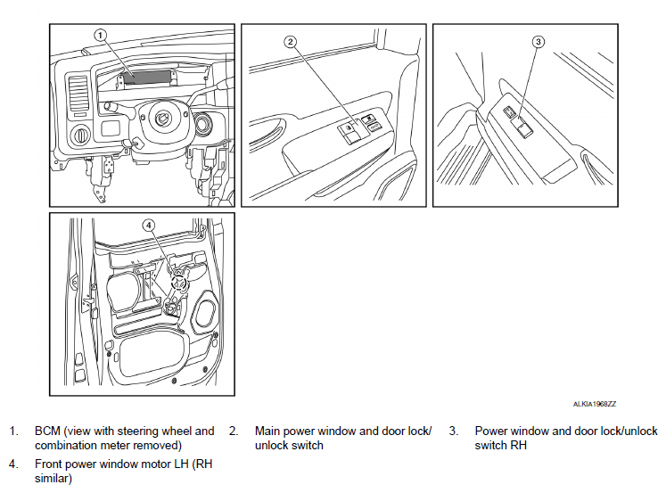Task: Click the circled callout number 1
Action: click(101, 35)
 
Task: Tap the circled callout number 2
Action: click(290, 41)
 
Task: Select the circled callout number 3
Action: click(538, 41)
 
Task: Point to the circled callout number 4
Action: click(149, 226)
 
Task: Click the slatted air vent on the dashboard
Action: click(78, 94)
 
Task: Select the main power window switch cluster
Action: click(358, 129)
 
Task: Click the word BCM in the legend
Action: click(47, 431)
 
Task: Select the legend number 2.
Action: click(234, 431)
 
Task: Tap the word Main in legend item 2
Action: click(267, 431)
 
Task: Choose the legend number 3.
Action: click(454, 431)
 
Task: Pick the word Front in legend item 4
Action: click(50, 464)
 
